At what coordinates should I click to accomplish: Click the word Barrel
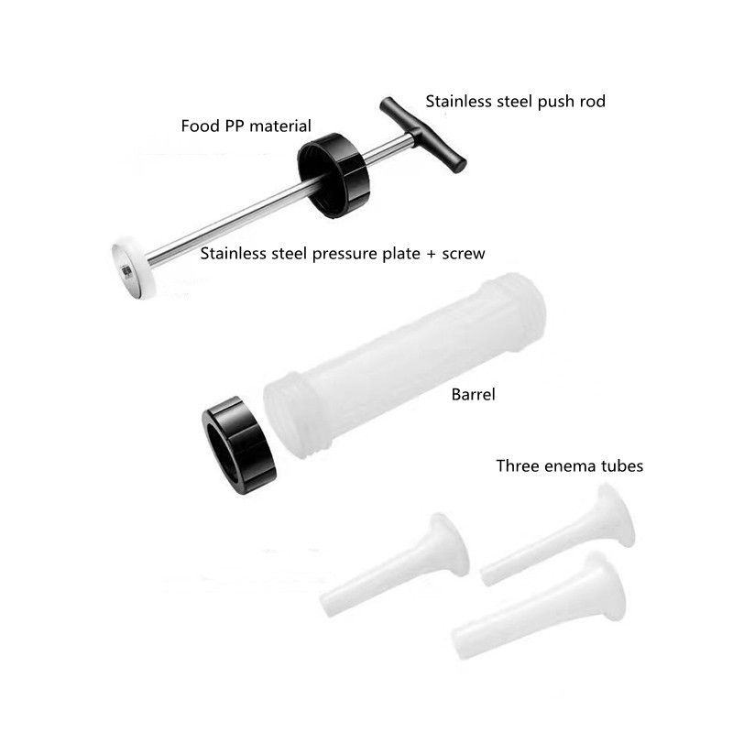(473, 396)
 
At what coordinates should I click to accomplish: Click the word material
(281, 126)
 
